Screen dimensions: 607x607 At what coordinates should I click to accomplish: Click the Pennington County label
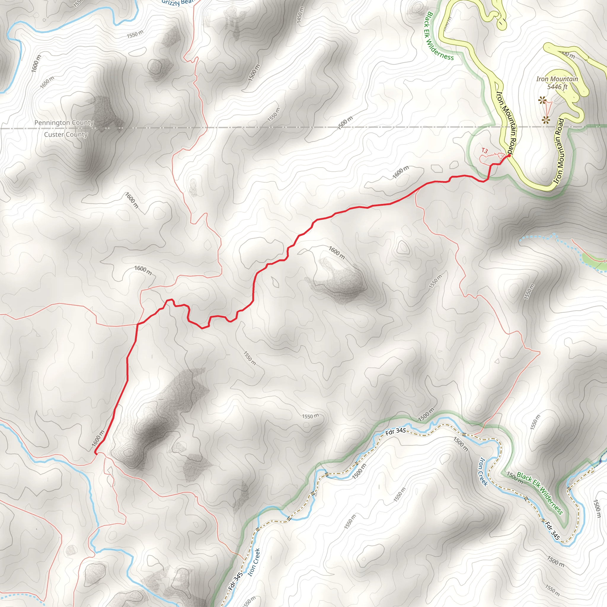[64, 122]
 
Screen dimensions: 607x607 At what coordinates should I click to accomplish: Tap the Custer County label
[66, 135]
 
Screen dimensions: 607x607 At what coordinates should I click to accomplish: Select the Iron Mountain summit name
[557, 79]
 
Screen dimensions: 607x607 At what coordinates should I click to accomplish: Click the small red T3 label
[485, 151]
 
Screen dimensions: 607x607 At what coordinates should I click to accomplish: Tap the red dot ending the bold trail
[509, 155]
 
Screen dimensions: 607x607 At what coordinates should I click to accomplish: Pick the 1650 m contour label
[47, 82]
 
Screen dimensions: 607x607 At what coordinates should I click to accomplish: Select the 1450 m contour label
[300, 15]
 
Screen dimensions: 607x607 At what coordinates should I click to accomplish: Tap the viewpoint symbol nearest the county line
[546, 119]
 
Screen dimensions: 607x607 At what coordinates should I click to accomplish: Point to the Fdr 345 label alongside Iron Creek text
[237, 581]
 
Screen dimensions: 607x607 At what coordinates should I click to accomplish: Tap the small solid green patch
[592, 259]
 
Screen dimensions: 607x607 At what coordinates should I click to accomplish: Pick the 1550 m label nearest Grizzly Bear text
[135, 33]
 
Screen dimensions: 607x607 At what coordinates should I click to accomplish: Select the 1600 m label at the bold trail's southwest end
[98, 438]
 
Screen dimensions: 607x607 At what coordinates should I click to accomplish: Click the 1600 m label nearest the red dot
[401, 172]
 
